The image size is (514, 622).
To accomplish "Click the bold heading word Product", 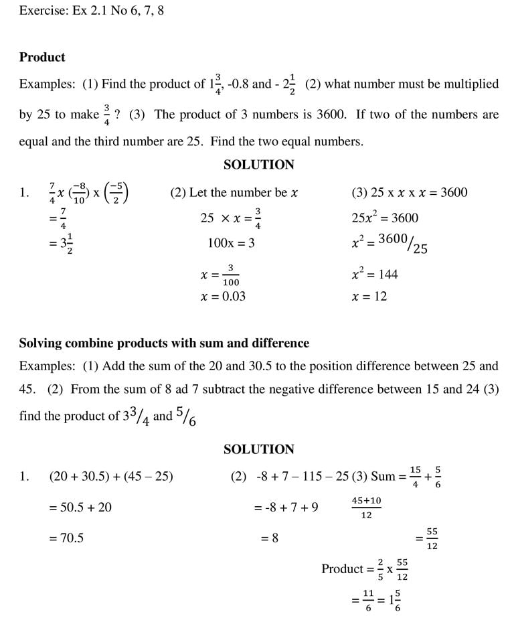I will tap(42, 58).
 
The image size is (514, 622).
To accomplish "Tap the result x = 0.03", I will tap(223, 296).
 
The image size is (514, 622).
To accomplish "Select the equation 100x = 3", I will tap(231, 244).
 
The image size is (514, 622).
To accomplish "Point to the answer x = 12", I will tap(369, 296).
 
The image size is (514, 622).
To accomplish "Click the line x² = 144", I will tap(374, 274).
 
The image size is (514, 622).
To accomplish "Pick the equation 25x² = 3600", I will tap(384, 218).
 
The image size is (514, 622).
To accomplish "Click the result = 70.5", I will tap(66, 537).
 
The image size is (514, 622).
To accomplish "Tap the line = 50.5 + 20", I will tap(80, 508).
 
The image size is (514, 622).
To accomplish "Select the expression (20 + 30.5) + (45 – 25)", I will tap(111, 477).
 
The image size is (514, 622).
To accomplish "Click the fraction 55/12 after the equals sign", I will tap(432, 538).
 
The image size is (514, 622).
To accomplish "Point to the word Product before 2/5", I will tap(342, 569).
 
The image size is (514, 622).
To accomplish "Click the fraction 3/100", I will tap(230, 275).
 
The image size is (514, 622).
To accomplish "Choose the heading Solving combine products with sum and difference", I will tap(164, 343).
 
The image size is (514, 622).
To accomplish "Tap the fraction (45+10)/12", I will tap(366, 508).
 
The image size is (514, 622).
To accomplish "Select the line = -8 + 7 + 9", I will tap(286, 508).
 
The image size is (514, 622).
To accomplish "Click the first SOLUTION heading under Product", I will tap(258, 165).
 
